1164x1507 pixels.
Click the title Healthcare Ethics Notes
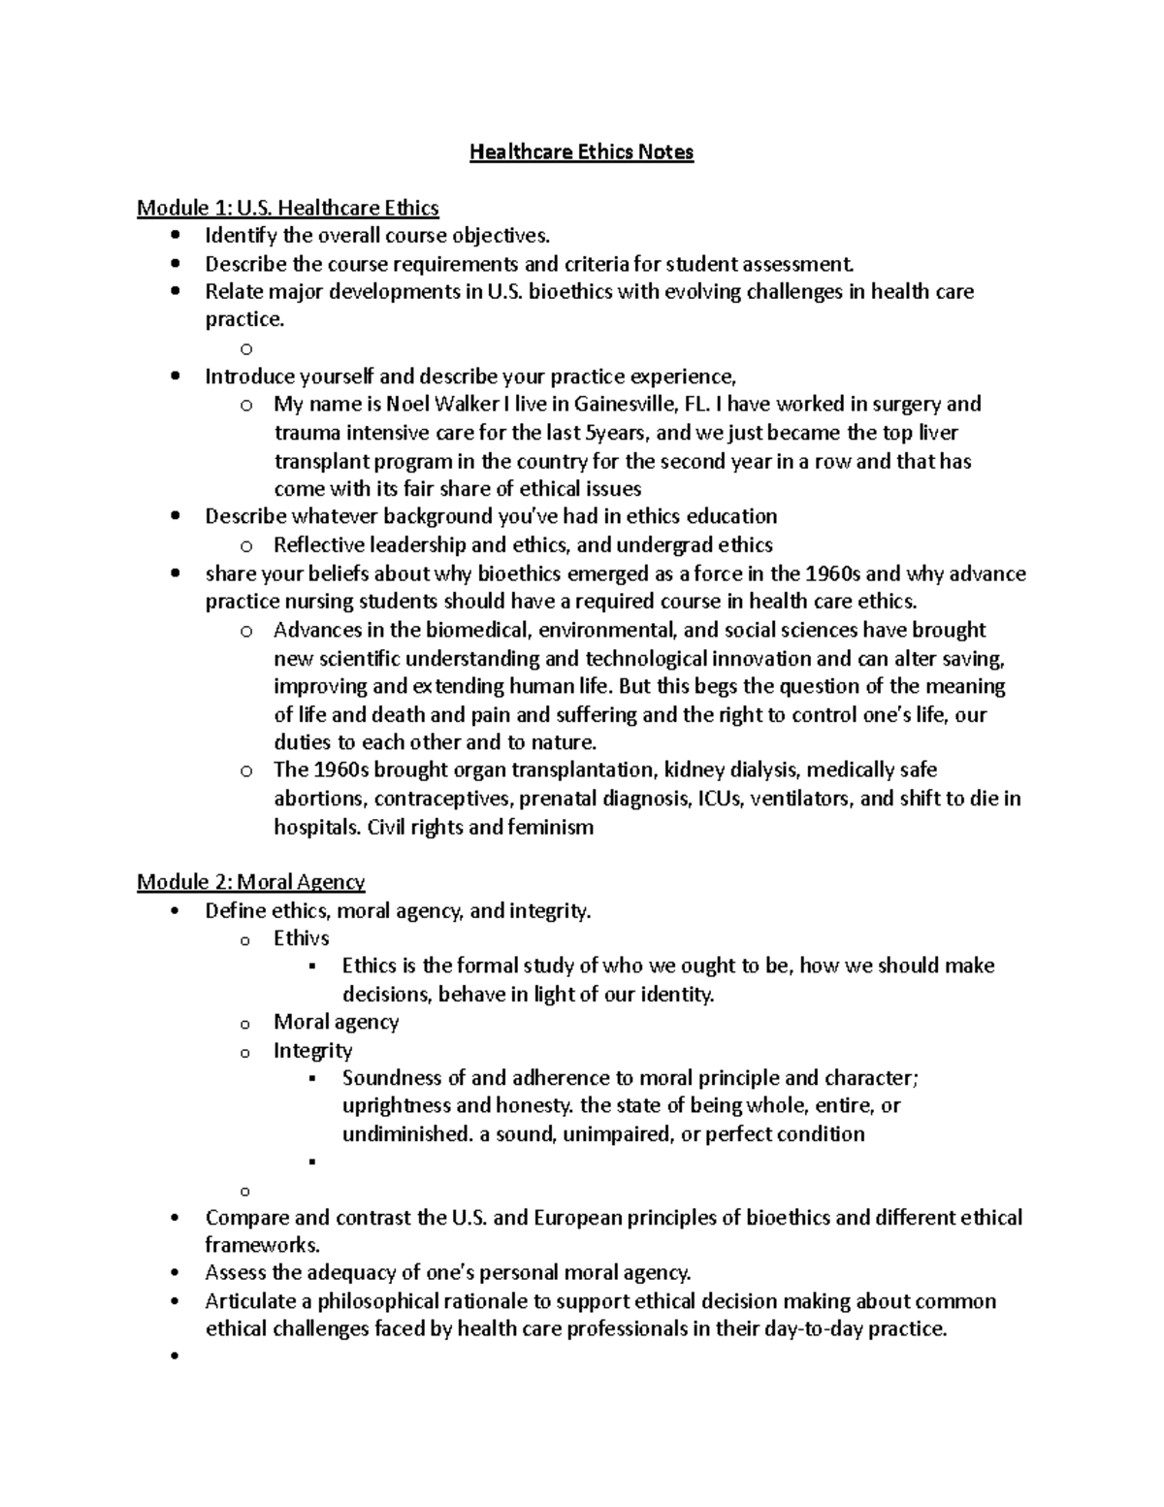[x=581, y=152]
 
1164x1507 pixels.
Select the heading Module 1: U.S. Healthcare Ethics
[x=287, y=208]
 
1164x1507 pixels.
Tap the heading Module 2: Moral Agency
[x=250, y=882]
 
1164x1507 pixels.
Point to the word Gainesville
[x=630, y=404]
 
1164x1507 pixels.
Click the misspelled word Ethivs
[x=301, y=938]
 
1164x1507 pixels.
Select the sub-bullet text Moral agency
[x=336, y=1022]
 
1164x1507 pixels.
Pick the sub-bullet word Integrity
[x=312, y=1050]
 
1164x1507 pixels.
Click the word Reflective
[x=319, y=545]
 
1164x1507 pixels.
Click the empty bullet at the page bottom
[x=174, y=1358]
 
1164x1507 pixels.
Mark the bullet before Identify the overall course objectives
[x=174, y=236]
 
